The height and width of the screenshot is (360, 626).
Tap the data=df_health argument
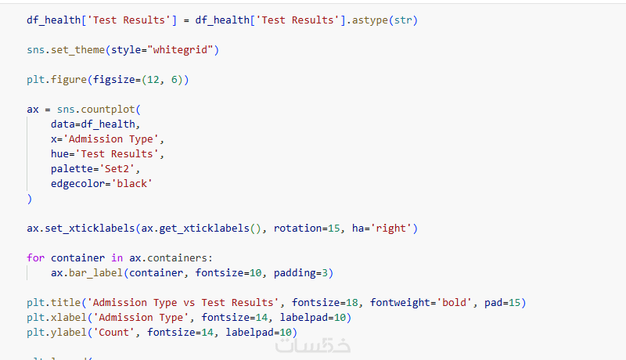click(x=94, y=124)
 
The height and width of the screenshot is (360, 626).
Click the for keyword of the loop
click(x=35, y=257)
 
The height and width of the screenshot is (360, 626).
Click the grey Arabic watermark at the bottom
click(x=313, y=347)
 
